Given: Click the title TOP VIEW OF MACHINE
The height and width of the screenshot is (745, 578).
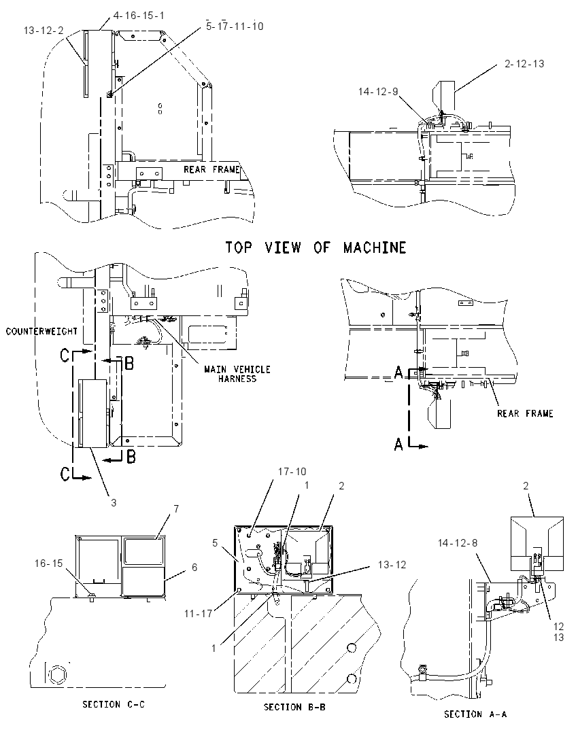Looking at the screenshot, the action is point(316,247).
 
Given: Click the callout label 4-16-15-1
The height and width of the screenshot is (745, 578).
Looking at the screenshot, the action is point(139,15).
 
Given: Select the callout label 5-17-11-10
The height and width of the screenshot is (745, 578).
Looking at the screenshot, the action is point(235,26).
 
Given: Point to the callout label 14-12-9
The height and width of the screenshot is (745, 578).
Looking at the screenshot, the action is point(378,91).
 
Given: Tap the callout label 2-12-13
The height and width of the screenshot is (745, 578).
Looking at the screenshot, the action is point(524,64).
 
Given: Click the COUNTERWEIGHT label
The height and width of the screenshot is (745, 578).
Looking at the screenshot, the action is point(41,331).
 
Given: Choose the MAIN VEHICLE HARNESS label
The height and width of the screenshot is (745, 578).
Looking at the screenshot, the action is point(237,374).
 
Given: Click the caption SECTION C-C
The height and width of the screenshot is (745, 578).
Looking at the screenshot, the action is point(114,704).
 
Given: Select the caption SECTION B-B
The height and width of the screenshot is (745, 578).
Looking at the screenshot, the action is point(294,707).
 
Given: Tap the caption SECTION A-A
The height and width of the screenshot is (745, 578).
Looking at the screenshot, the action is point(475,714).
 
